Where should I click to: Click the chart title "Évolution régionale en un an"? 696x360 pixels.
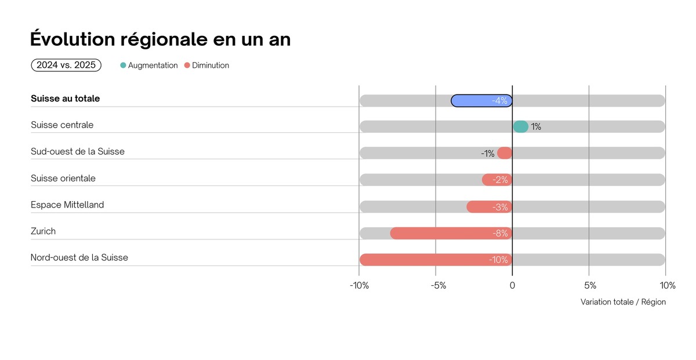(x=160, y=39)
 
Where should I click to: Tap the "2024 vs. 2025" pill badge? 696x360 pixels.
(x=66, y=66)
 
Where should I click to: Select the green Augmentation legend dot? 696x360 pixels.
(x=123, y=66)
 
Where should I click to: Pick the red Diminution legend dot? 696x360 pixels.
(x=187, y=66)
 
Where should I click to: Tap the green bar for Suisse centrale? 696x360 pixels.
(x=520, y=127)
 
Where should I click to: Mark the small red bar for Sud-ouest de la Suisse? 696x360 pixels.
(x=505, y=154)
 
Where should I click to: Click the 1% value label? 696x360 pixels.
(x=536, y=127)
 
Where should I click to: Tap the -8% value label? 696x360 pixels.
(x=500, y=234)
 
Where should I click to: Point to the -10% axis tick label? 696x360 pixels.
(x=360, y=285)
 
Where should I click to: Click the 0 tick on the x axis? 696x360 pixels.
(x=512, y=285)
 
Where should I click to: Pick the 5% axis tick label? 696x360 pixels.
(x=589, y=285)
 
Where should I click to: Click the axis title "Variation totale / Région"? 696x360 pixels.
(x=623, y=302)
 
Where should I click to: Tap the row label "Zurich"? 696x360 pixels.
(x=43, y=231)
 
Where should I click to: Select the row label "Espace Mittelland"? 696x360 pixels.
(x=67, y=205)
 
